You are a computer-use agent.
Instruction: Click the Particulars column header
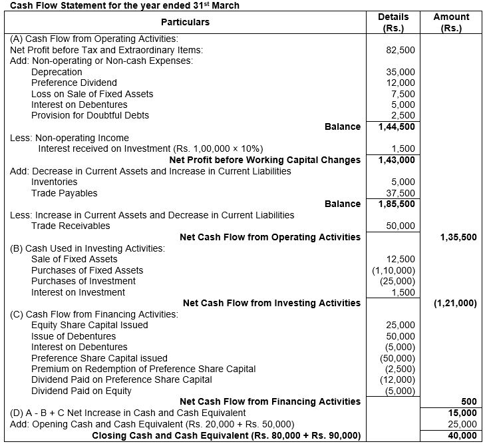tap(184, 22)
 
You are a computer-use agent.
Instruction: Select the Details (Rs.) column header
tap(393, 23)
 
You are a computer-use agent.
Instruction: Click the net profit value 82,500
tap(401, 50)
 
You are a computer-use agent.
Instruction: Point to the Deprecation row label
tap(57, 72)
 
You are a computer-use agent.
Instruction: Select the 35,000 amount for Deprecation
tap(401, 72)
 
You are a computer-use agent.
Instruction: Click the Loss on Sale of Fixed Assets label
tap(92, 94)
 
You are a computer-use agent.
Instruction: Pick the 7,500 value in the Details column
tap(404, 94)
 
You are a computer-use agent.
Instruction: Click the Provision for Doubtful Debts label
tap(90, 115)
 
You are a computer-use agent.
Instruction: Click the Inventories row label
tap(54, 182)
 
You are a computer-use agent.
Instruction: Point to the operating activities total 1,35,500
tap(458, 237)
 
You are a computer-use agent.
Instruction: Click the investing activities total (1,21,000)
tap(454, 303)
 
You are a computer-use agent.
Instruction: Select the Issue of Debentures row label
tap(73, 336)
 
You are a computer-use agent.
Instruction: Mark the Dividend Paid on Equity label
tap(81, 391)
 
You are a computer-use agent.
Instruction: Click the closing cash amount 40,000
tap(463, 435)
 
